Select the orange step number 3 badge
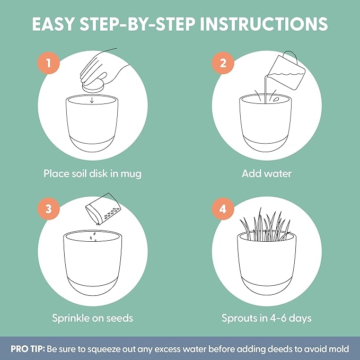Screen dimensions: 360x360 tap(49, 209)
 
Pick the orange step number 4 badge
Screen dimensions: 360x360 tap(223, 209)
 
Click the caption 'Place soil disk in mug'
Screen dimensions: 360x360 tap(92, 173)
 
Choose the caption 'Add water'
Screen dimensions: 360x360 tap(267, 173)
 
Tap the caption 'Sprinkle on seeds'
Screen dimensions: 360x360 tap(92, 318)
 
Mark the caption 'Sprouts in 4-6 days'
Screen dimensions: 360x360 tap(267, 318)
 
